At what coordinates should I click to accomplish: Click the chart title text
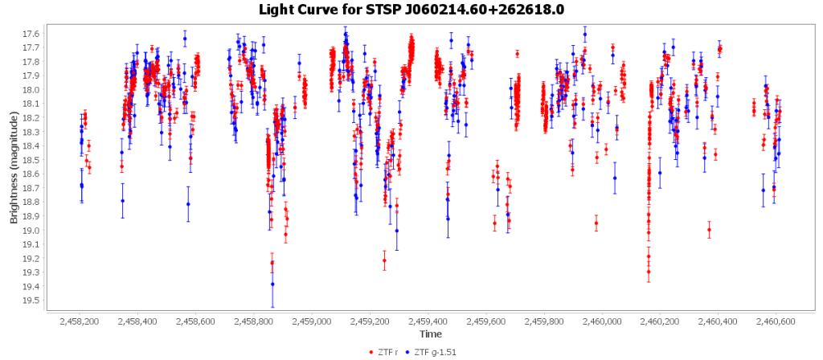pos(411,10)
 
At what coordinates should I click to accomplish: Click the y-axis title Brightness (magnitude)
pos(14,167)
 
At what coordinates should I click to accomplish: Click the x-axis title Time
pos(429,333)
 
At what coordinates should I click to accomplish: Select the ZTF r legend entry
pos(388,351)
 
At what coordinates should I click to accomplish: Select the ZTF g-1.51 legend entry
pos(436,351)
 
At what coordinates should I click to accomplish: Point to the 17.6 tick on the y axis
pos(31,34)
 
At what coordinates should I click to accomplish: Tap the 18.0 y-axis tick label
pos(31,90)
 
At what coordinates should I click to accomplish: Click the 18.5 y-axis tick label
pos(31,160)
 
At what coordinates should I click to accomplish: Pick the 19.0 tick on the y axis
pos(31,231)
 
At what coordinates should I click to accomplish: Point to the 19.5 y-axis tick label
pos(31,301)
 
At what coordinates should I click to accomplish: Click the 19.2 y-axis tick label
pos(31,259)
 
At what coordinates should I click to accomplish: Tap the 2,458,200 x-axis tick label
pos(80,321)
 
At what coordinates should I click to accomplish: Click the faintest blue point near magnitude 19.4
pos(272,284)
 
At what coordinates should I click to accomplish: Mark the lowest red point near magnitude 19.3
pos(649,272)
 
